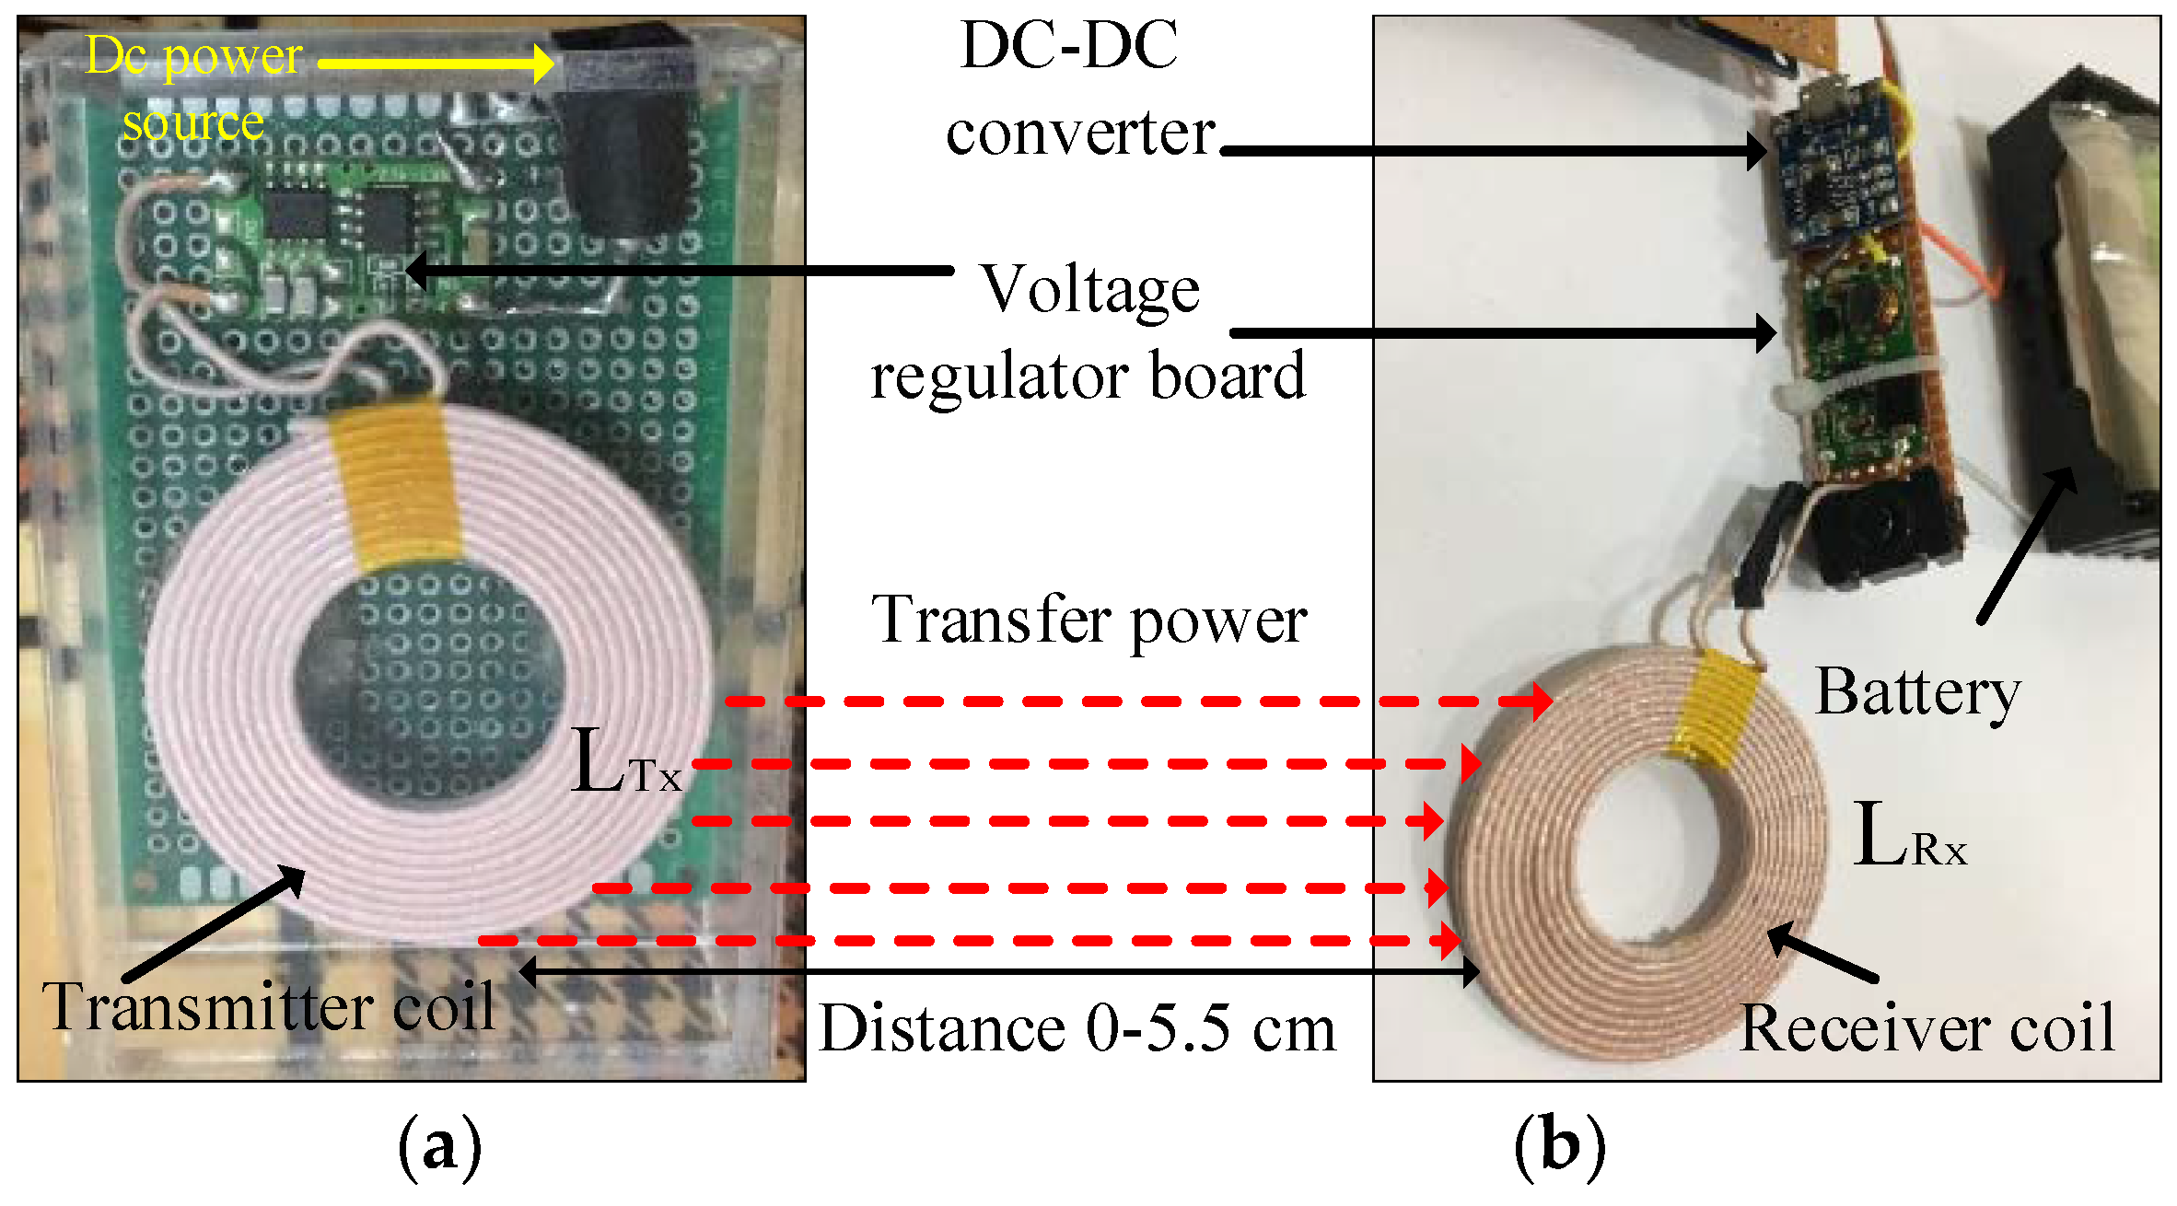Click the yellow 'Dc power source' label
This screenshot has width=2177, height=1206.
193,89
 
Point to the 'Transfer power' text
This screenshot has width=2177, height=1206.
1088,620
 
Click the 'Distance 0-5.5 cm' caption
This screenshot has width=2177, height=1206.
1077,1028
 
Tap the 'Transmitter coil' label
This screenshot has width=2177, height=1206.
268,1006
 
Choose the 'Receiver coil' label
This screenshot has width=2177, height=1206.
1927,1026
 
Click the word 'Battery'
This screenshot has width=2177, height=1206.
1917,691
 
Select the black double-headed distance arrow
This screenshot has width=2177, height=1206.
999,971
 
